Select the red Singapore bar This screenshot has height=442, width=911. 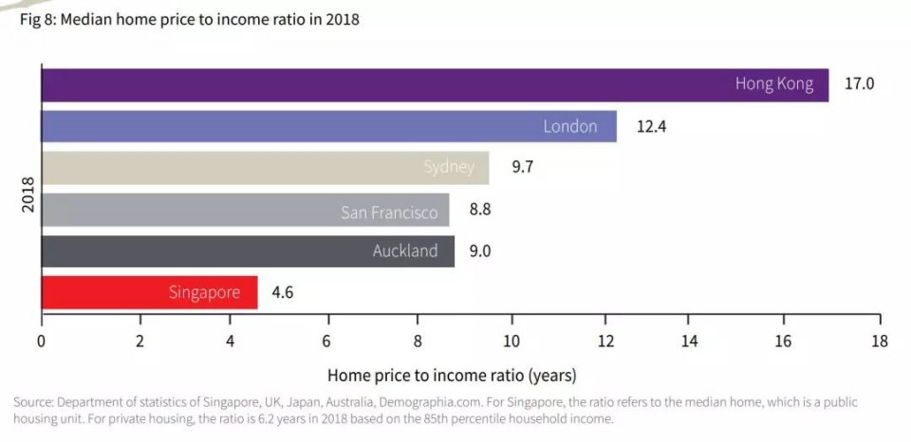(x=149, y=292)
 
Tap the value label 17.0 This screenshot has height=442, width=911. (x=859, y=84)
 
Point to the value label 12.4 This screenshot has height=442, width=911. (x=651, y=126)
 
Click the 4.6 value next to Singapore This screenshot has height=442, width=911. (x=282, y=292)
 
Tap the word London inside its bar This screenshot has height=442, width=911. (x=569, y=126)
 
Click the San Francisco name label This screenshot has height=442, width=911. (x=389, y=212)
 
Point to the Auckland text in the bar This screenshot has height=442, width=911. (x=405, y=251)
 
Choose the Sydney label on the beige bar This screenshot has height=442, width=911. (x=449, y=168)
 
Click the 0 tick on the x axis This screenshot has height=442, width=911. (x=41, y=341)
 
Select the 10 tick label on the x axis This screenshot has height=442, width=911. (x=511, y=341)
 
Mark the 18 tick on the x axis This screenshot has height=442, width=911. (x=879, y=341)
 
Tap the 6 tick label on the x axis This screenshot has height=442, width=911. (x=326, y=341)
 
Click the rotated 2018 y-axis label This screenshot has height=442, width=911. (x=28, y=193)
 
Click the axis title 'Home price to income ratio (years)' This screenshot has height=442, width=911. (x=452, y=375)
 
